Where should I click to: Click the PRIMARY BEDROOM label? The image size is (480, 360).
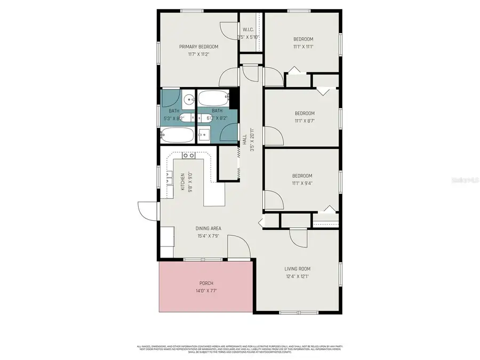(x=198, y=46)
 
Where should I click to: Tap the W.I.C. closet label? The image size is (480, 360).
(x=249, y=29)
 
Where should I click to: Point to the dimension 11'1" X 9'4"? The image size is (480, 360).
(x=302, y=183)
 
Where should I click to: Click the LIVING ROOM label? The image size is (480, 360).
(x=297, y=269)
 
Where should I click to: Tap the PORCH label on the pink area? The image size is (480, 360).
(x=206, y=283)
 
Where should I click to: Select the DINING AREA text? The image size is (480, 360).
(x=208, y=228)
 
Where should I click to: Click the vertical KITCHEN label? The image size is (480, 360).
(x=182, y=181)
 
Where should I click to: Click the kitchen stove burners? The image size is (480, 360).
(x=188, y=156)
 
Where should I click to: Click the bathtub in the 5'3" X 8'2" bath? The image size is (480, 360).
(x=177, y=135)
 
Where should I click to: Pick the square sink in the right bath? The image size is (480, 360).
(x=204, y=134)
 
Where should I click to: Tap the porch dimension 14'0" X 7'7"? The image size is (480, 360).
(x=206, y=291)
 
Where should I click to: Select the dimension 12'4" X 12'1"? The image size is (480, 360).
(x=297, y=276)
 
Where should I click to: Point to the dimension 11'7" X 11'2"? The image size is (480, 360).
(x=198, y=54)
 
